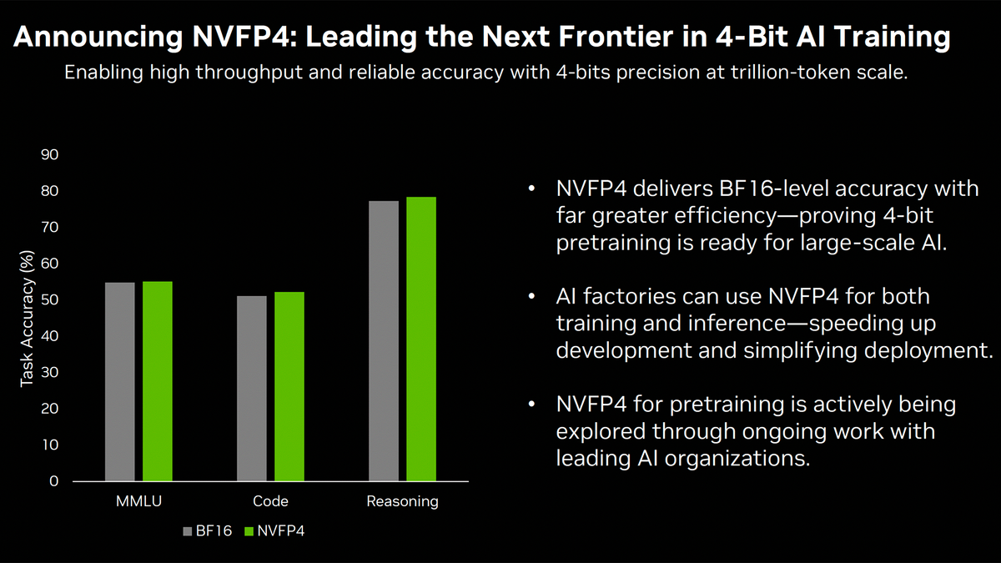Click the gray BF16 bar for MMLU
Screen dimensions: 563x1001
pyautogui.click(x=119, y=382)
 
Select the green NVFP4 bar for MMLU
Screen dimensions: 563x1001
pyautogui.click(x=157, y=381)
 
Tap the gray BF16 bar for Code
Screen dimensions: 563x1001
pyautogui.click(x=252, y=389)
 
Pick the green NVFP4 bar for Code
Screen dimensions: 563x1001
pyautogui.click(x=289, y=386)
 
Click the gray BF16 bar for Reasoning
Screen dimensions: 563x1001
pyautogui.click(x=384, y=341)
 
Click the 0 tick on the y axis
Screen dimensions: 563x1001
pyautogui.click(x=53, y=481)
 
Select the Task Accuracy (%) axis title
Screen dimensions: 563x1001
pyautogui.click(x=27, y=320)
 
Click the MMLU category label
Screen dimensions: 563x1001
pyautogui.click(x=138, y=501)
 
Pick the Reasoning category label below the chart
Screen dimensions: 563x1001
pyautogui.click(x=402, y=501)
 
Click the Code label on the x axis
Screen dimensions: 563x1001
pyautogui.click(x=270, y=501)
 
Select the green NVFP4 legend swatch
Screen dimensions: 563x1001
pyautogui.click(x=248, y=530)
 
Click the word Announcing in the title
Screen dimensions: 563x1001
pyautogui.click(x=95, y=37)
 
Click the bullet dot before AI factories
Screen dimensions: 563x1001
pyautogui.click(x=534, y=297)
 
